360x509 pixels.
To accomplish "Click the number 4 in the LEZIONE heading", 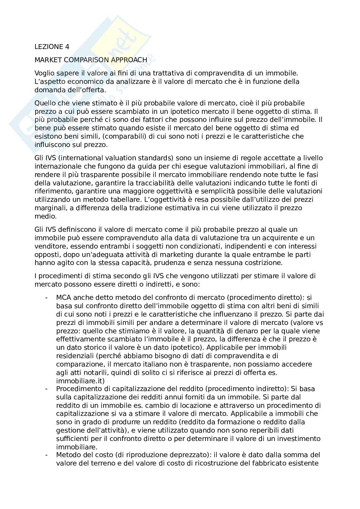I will (67, 47).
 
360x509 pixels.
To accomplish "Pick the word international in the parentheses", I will (77, 158).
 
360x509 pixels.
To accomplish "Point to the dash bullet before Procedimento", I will (47, 389).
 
